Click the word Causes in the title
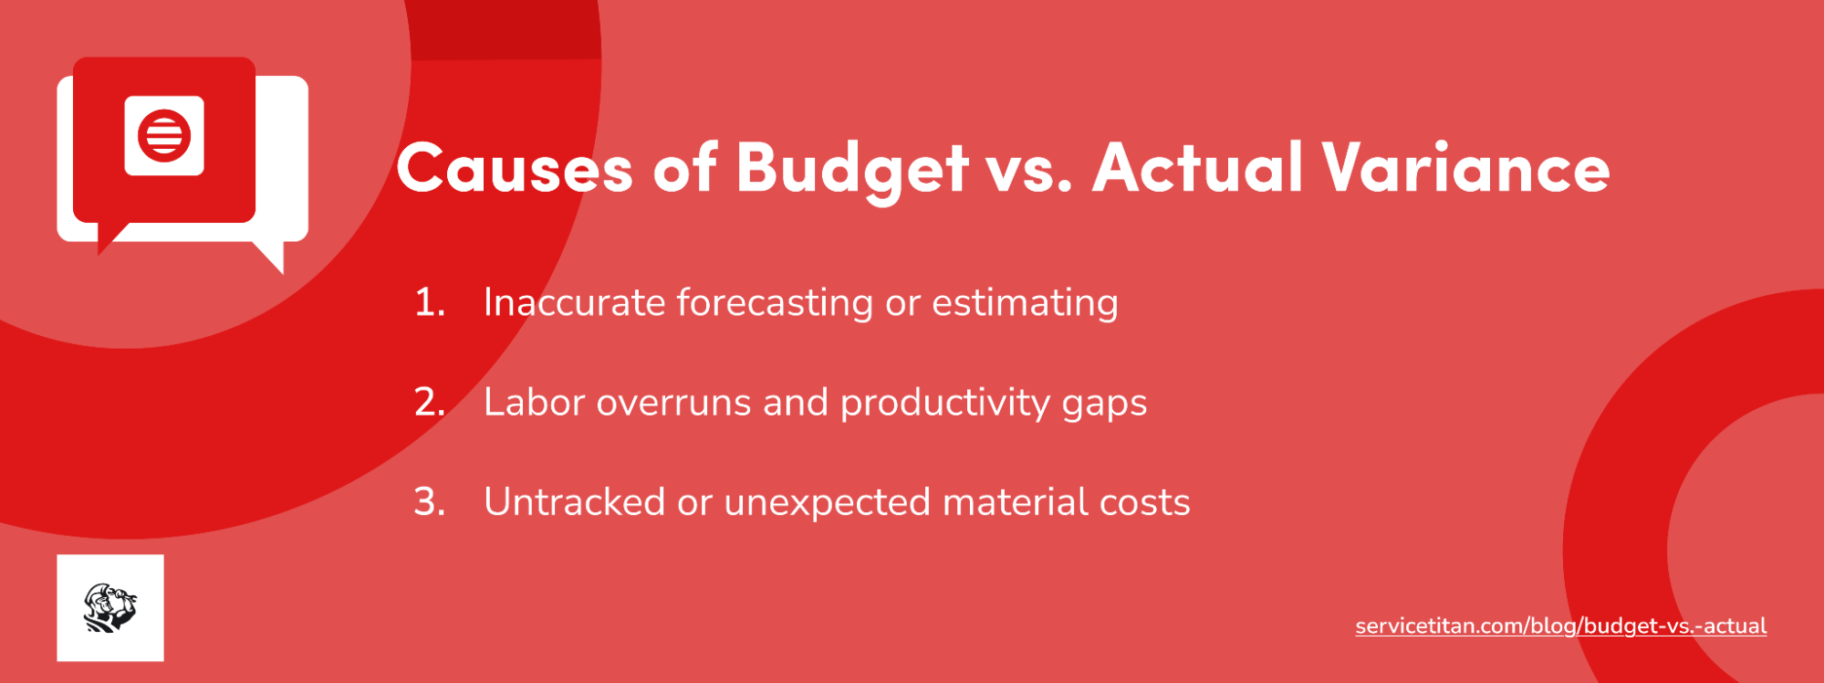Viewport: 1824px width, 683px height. pyautogui.click(x=514, y=169)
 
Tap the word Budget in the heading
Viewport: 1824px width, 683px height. pyautogui.click(x=851, y=169)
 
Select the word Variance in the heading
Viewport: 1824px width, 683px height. pyautogui.click(x=1466, y=169)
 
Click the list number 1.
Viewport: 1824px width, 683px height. pyautogui.click(x=429, y=302)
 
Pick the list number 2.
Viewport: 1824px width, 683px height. pyautogui.click(x=429, y=402)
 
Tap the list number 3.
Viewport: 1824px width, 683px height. pyautogui.click(x=429, y=501)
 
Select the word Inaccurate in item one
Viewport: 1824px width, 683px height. pyautogui.click(x=574, y=302)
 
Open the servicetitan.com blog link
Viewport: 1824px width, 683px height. pyautogui.click(x=1560, y=626)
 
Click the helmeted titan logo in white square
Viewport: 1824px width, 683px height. pyautogui.click(x=110, y=608)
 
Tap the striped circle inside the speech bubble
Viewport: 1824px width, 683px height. pyautogui.click(x=164, y=135)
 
